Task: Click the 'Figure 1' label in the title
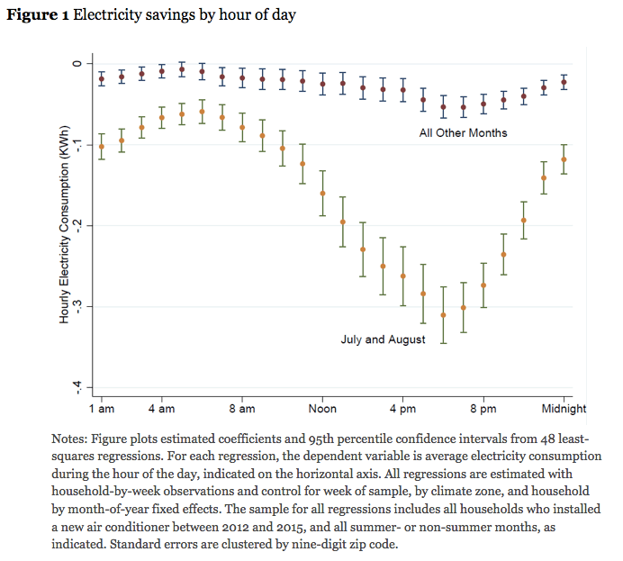click(37, 14)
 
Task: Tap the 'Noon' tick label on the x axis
click(322, 408)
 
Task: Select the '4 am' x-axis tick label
click(161, 408)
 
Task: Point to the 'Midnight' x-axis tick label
click(564, 408)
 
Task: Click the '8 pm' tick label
click(483, 408)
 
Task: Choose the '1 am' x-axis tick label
click(101, 408)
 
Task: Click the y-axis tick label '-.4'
click(77, 386)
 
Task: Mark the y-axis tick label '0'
click(77, 63)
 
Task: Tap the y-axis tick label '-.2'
click(77, 225)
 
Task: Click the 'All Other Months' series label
click(463, 133)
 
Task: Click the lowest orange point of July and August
click(443, 314)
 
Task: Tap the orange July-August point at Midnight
click(564, 159)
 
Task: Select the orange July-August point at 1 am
click(101, 146)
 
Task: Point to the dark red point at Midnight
click(564, 82)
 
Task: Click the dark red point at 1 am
click(101, 79)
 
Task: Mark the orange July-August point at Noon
click(322, 193)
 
